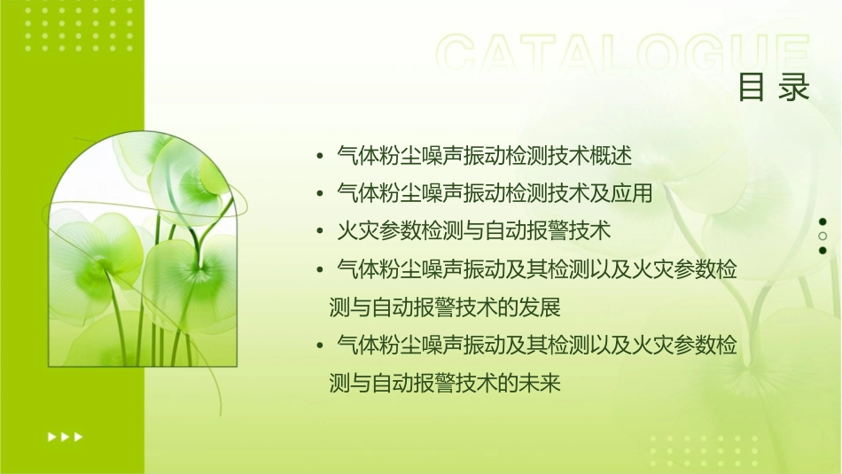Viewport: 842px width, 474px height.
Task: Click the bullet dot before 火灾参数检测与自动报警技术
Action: coord(320,232)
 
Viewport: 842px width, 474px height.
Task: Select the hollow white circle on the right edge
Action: coord(823,237)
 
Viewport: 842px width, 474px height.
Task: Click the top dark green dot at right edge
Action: coord(823,222)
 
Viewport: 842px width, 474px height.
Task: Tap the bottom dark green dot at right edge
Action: coord(823,251)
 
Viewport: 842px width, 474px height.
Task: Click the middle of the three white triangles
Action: coord(65,436)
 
